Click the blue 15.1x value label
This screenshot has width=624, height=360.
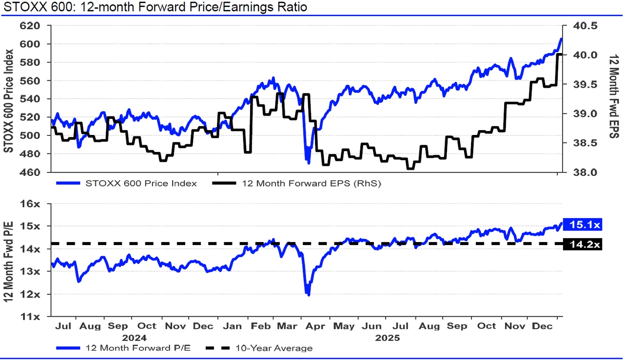582,225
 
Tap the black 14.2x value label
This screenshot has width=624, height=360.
582,244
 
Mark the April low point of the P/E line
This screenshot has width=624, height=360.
308,295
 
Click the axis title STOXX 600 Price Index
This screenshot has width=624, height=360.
8,100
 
